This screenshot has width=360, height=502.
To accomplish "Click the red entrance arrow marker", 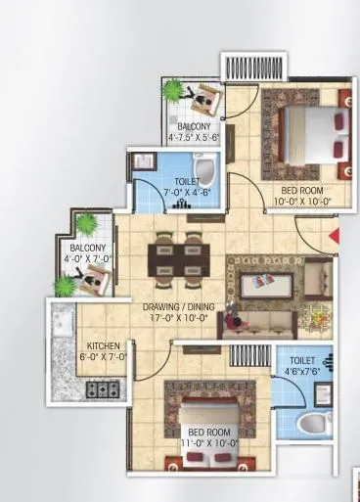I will (334, 236).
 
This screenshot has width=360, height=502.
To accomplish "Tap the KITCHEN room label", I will (103, 346).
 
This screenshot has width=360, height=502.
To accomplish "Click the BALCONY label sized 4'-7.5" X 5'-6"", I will (192, 126).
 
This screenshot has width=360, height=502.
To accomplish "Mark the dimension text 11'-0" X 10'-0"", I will (207, 443).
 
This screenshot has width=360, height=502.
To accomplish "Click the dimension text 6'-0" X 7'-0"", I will (103, 358).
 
